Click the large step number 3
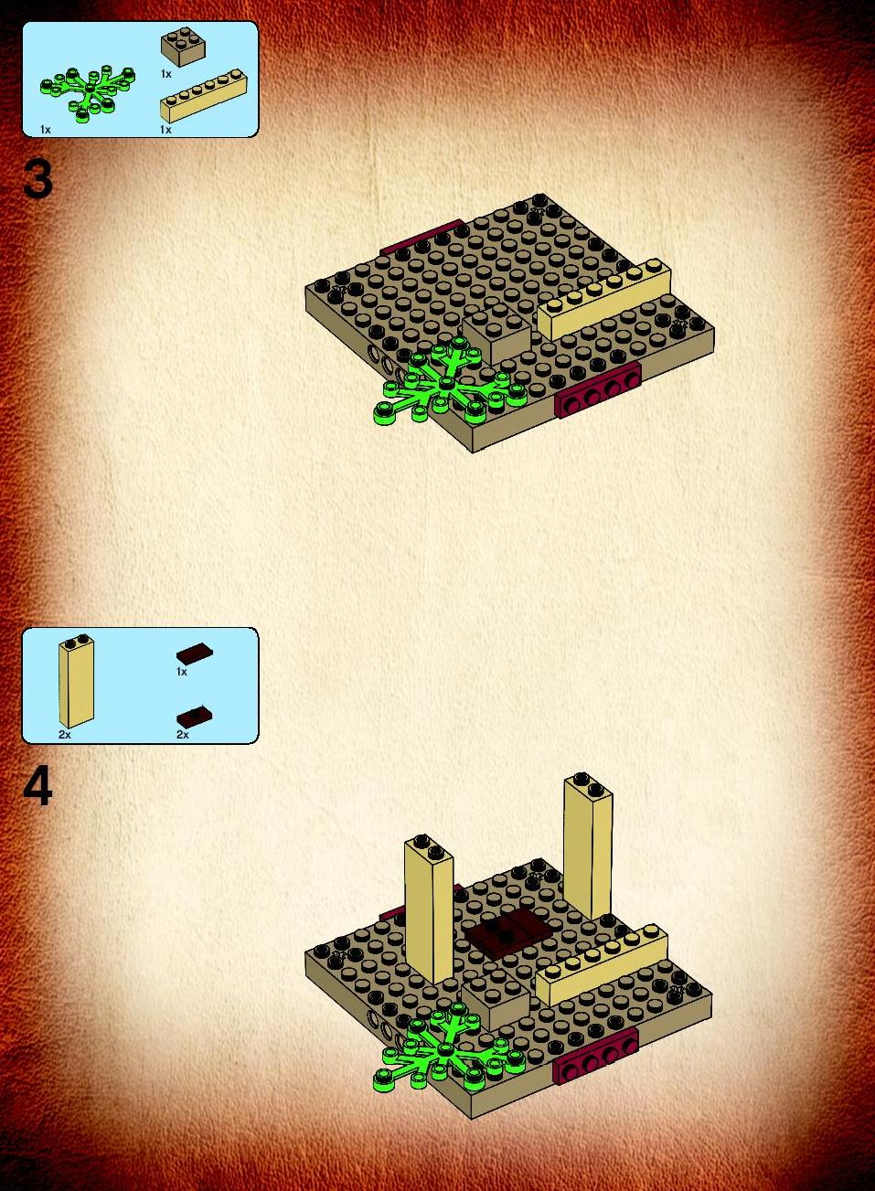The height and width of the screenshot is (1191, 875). (37, 180)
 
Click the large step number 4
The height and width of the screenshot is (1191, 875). (37, 789)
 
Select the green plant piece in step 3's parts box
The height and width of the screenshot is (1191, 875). (88, 94)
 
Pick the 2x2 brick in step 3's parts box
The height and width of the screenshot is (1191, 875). (184, 47)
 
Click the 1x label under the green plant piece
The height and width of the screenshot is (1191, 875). (45, 130)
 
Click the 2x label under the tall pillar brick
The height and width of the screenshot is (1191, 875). (64, 735)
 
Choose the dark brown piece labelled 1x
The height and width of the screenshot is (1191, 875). (195, 653)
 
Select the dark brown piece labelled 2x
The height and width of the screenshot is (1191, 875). (195, 716)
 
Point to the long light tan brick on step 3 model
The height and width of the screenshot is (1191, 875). (603, 300)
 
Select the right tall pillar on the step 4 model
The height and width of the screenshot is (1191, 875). (588, 847)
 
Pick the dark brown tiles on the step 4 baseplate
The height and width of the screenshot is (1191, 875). (510, 932)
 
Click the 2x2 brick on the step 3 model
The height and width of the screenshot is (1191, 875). (496, 334)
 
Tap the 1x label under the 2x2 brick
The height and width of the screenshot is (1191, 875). (166, 74)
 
